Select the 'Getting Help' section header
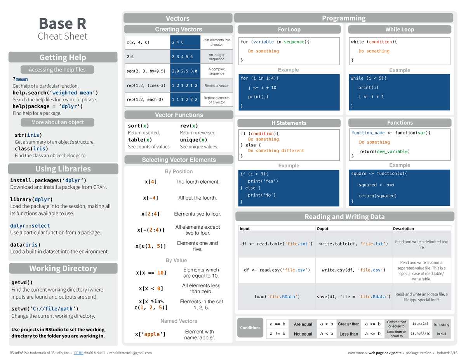point(63,57)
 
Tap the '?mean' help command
point(20,79)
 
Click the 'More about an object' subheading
point(57,122)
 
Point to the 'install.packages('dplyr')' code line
point(48,180)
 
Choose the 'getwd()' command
point(22,282)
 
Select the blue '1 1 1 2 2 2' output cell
point(184,100)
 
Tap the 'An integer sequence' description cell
point(217,57)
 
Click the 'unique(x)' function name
point(193,140)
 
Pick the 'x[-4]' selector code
point(151,198)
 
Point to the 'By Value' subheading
point(176,260)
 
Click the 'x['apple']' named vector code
point(150,334)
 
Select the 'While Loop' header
point(400,30)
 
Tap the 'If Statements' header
point(289,123)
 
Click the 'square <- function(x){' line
point(379,174)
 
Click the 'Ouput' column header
point(322,229)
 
